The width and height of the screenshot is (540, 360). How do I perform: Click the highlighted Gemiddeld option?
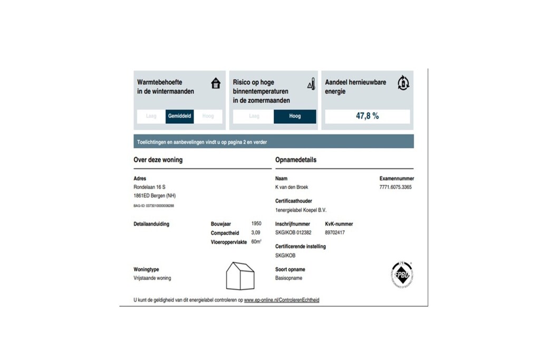[x=180, y=116]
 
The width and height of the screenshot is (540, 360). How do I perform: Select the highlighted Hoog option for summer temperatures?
[x=295, y=116]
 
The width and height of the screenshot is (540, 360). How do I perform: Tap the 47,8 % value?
[x=367, y=116]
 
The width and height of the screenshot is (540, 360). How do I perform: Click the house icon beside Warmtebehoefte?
[x=216, y=83]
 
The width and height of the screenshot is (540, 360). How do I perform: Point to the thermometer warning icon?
[x=311, y=84]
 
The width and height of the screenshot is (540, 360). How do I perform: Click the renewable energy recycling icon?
[x=403, y=82]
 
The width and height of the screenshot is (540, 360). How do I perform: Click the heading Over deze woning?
[x=158, y=160]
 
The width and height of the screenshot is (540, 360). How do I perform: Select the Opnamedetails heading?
[x=296, y=160]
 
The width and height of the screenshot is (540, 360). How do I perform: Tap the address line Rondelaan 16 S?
[x=150, y=187]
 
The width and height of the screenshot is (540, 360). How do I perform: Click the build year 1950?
[x=256, y=223]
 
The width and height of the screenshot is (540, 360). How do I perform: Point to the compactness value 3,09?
[x=256, y=232]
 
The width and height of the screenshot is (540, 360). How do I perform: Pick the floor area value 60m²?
[x=256, y=241]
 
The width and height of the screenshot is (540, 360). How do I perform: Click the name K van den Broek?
[x=293, y=187]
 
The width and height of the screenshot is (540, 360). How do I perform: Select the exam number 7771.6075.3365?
[x=396, y=187]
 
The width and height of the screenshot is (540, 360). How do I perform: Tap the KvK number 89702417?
[x=335, y=232]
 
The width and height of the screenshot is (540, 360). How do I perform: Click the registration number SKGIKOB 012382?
[x=293, y=232]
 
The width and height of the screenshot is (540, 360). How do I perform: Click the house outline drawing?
[x=240, y=276]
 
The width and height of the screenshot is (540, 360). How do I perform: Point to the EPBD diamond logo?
[x=402, y=275]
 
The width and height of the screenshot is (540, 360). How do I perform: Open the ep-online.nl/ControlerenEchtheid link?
[x=282, y=300]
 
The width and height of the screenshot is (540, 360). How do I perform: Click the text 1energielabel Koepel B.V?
[x=301, y=210]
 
